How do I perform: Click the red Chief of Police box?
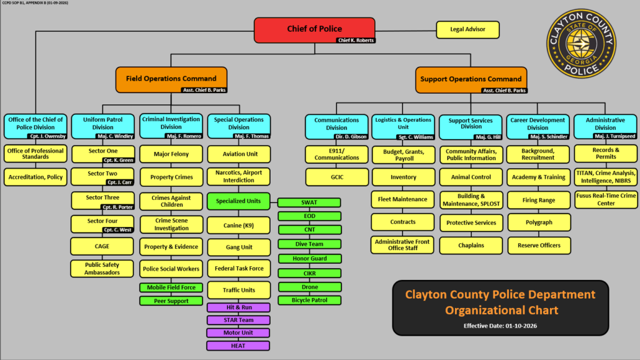coord(314,29)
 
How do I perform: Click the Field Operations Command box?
coord(171,79)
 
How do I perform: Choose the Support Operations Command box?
coord(471,79)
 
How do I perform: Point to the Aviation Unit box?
coord(238,154)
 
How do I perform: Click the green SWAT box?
coord(309,202)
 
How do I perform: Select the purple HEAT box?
coord(238,346)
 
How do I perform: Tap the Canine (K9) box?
coord(238,224)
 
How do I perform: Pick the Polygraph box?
coord(539,222)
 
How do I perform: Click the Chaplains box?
coord(471,245)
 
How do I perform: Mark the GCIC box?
coord(336,177)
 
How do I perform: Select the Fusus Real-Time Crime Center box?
coord(606,199)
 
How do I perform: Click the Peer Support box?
coord(171,301)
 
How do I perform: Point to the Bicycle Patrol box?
coord(309,300)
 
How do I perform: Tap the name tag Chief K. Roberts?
coord(355,41)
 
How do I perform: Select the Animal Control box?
coord(471,177)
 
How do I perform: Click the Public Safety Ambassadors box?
coord(102,268)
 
